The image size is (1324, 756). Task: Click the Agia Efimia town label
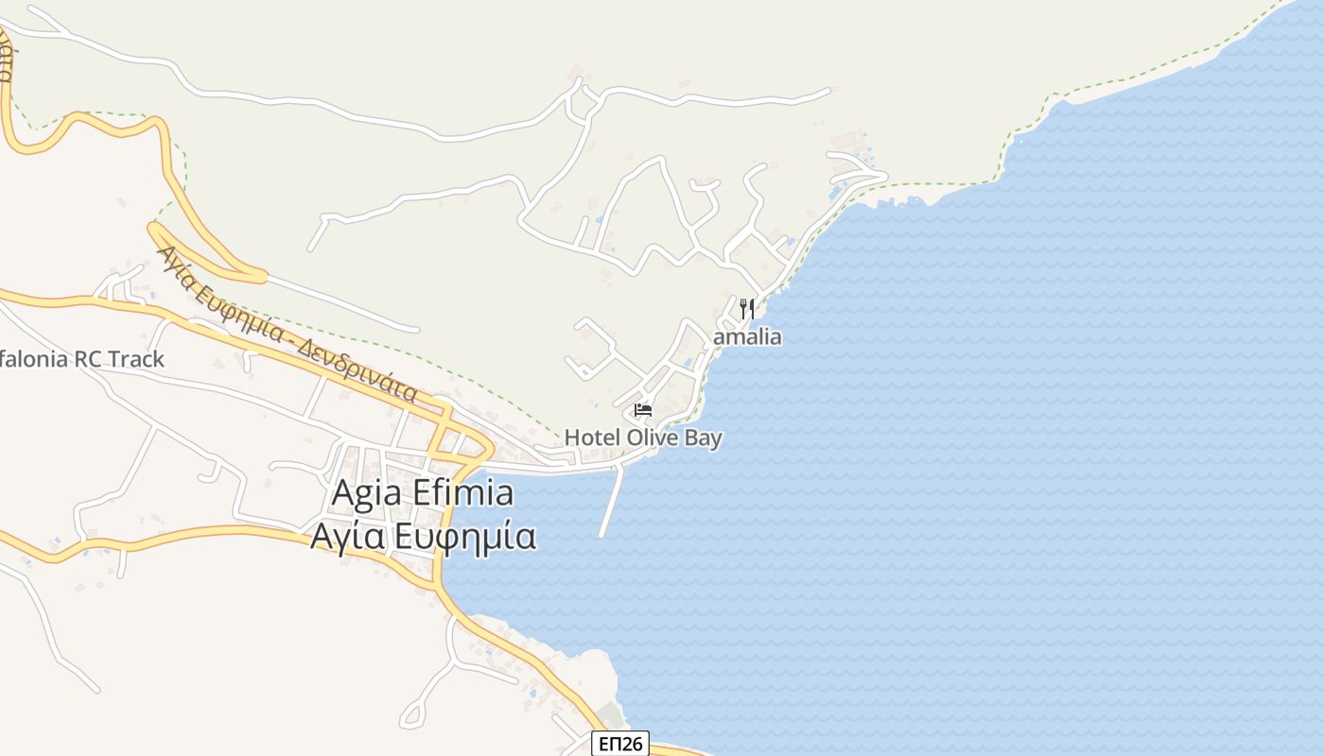click(423, 493)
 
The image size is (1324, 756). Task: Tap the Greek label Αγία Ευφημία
click(423, 536)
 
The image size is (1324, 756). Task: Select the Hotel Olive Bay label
click(643, 438)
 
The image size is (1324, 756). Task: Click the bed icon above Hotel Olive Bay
click(643, 410)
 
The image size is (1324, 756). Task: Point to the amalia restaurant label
click(747, 337)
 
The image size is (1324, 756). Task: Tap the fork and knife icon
click(747, 308)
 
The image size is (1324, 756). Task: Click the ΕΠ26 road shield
click(620, 744)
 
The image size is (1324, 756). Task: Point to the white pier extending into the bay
click(612, 501)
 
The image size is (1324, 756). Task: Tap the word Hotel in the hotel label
click(591, 438)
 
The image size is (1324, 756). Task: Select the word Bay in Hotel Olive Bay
click(705, 438)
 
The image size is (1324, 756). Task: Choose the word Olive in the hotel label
click(653, 438)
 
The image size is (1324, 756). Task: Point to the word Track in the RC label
click(136, 359)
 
